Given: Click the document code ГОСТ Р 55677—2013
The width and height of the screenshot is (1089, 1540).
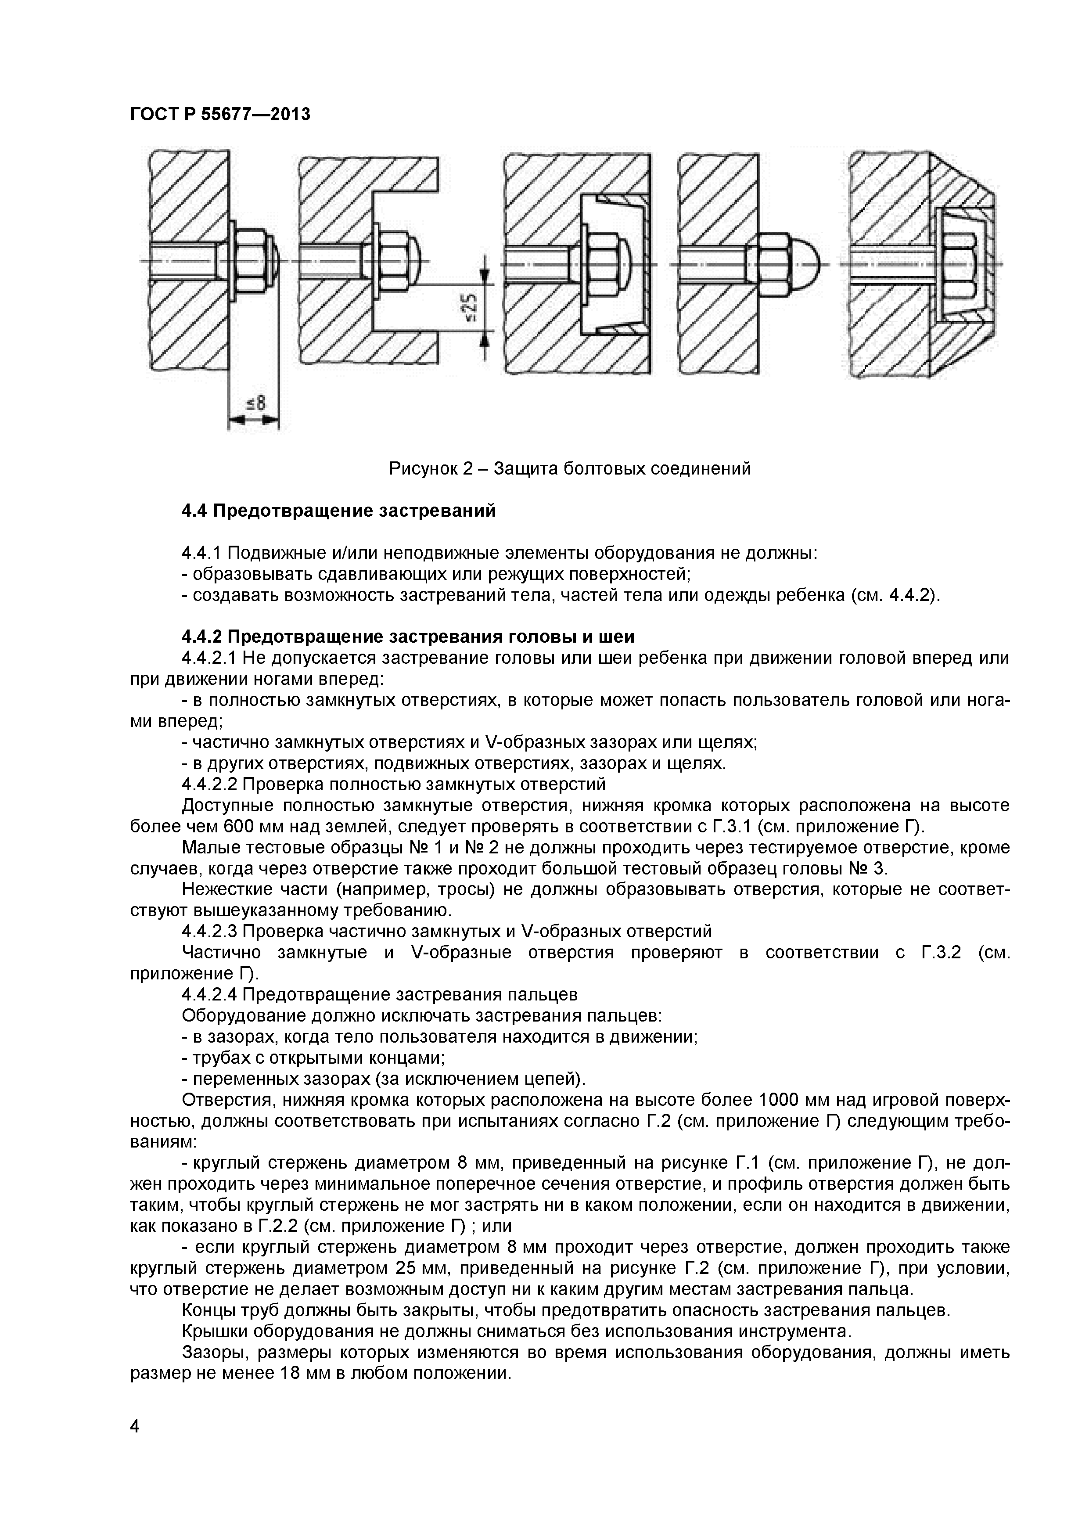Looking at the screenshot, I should coord(220,115).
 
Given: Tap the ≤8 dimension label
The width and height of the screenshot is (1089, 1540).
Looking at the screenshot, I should coord(255,403).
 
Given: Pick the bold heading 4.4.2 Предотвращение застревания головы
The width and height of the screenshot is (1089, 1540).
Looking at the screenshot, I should coord(408,636).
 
